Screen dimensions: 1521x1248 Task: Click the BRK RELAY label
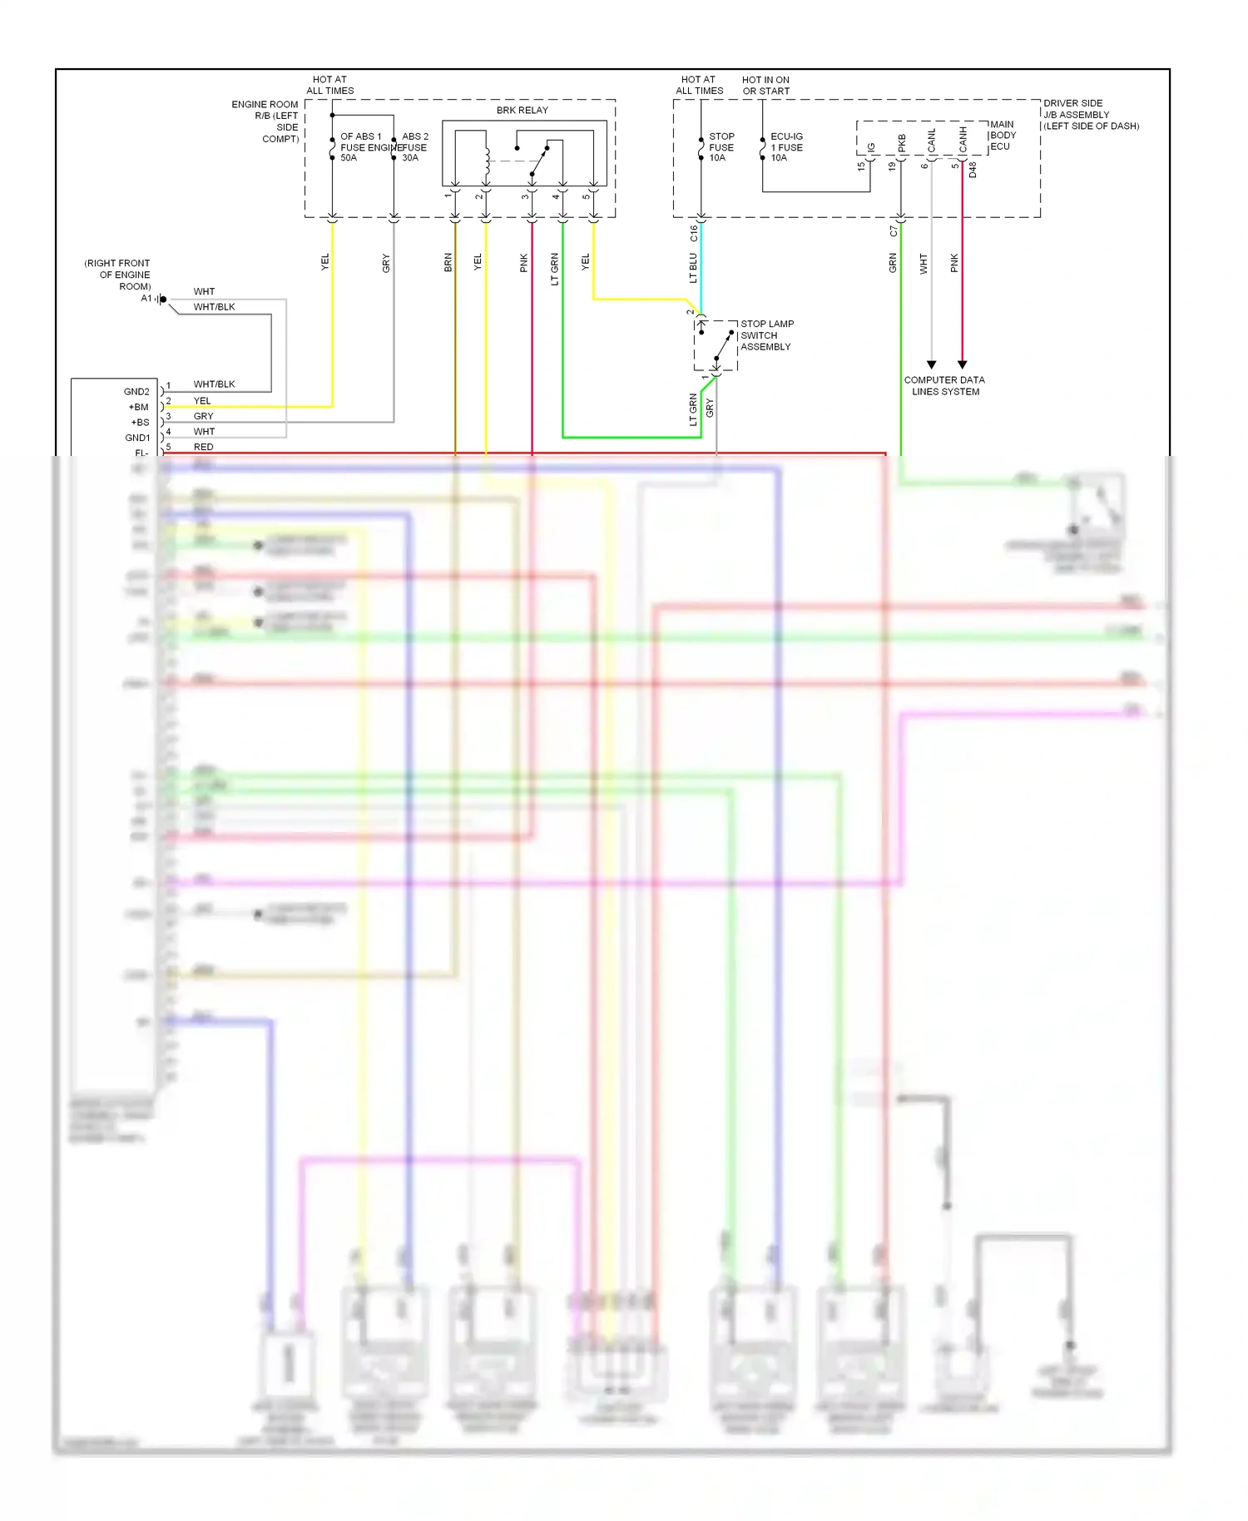coord(522,110)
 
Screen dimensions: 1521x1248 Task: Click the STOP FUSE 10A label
coord(721,147)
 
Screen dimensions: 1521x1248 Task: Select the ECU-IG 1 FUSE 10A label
coord(786,147)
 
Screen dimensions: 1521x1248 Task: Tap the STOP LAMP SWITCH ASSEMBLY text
coord(766,335)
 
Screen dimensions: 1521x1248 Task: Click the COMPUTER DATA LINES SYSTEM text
coord(944,385)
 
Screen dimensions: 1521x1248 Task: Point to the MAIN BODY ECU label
coord(1003,135)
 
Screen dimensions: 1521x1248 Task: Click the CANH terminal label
coord(963,139)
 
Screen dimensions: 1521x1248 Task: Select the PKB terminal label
coord(902,143)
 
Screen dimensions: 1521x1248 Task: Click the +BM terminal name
coord(138,407)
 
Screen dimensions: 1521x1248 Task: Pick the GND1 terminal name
coord(137,438)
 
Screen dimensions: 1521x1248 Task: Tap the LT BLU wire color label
coord(693,268)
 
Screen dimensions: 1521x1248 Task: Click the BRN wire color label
coord(448,263)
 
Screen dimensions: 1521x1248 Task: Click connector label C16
coord(693,233)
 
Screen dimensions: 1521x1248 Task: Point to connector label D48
coord(973,170)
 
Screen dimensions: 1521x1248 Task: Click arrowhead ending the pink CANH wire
coord(962,364)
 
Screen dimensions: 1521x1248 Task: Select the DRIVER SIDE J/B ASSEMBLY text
coord(1091,115)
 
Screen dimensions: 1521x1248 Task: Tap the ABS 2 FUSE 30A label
coord(414,147)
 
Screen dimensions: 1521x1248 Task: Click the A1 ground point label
coord(146,299)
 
